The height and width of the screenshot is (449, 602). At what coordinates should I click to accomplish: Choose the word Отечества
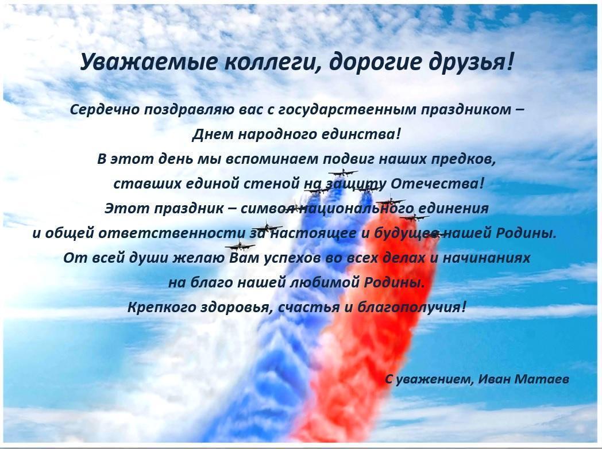(437, 183)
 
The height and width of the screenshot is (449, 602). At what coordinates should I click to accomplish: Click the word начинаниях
(487, 258)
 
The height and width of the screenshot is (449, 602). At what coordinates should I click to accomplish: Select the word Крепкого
(163, 307)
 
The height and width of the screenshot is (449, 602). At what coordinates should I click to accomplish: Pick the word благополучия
(411, 307)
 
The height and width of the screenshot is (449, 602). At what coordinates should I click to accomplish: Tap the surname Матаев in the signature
(541, 379)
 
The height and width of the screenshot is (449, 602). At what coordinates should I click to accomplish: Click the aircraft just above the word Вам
(240, 244)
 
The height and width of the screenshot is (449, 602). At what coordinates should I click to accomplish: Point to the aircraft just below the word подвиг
(343, 172)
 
